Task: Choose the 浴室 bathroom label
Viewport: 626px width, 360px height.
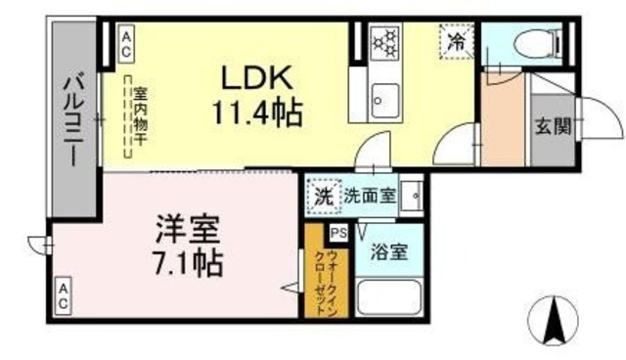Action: (x=388, y=250)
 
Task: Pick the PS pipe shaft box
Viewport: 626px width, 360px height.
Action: (x=338, y=233)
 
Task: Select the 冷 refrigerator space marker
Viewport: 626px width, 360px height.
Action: (x=456, y=41)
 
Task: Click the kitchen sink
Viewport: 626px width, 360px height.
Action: (x=382, y=97)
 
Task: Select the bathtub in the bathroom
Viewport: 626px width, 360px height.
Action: (x=388, y=296)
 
